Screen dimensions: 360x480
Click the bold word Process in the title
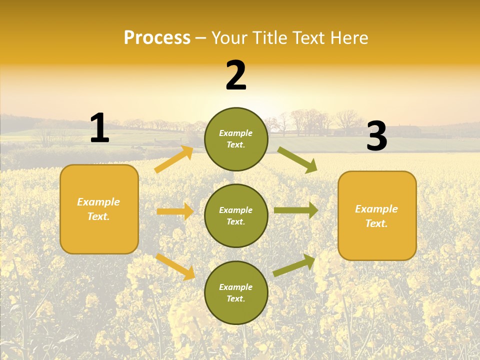[157, 38]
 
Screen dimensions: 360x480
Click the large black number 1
[99, 128]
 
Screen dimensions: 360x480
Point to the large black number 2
[236, 75]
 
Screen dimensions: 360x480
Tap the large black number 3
[376, 136]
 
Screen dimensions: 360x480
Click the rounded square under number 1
[99, 209]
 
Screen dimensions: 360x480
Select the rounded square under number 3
[377, 216]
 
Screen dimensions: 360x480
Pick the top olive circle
[236, 139]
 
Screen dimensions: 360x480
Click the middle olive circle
[236, 216]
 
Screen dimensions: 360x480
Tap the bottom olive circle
[236, 293]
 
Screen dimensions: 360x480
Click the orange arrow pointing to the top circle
[174, 159]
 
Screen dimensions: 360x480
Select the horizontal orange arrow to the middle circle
[175, 211]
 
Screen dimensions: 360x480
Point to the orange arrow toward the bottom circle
[175, 266]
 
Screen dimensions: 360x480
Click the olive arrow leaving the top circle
[297, 159]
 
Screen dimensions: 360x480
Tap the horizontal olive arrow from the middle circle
[296, 210]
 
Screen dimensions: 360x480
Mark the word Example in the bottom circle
[235, 287]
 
